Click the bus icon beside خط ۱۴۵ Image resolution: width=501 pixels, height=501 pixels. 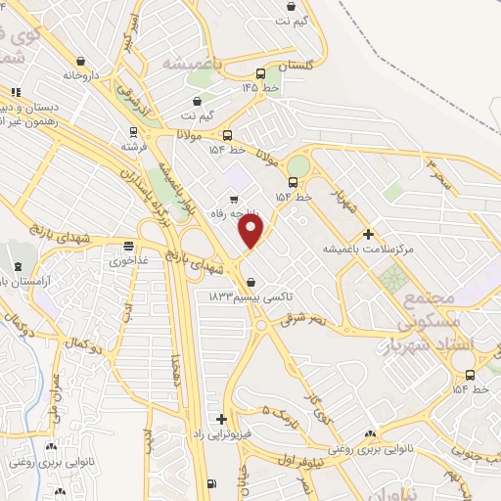point(260,73)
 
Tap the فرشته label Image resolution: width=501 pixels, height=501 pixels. point(133,145)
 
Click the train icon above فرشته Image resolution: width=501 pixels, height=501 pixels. point(133,131)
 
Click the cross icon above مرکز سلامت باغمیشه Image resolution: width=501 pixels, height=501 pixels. point(368,234)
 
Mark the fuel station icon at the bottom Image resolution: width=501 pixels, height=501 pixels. point(211,484)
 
